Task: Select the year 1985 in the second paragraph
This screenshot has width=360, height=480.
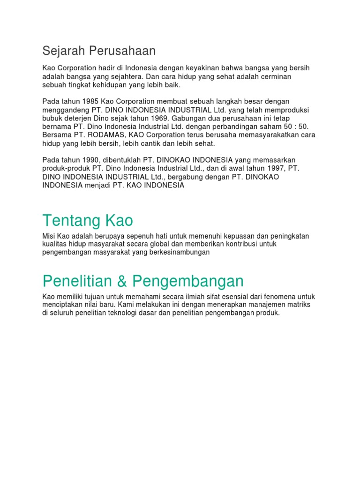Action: coord(90,101)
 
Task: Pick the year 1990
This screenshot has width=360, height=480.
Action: coord(90,160)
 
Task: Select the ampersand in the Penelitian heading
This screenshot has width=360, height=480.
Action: coord(123,281)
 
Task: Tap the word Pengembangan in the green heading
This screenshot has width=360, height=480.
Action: coord(188,281)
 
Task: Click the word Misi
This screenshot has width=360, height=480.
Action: coord(49,236)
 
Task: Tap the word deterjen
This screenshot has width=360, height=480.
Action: coord(77,118)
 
